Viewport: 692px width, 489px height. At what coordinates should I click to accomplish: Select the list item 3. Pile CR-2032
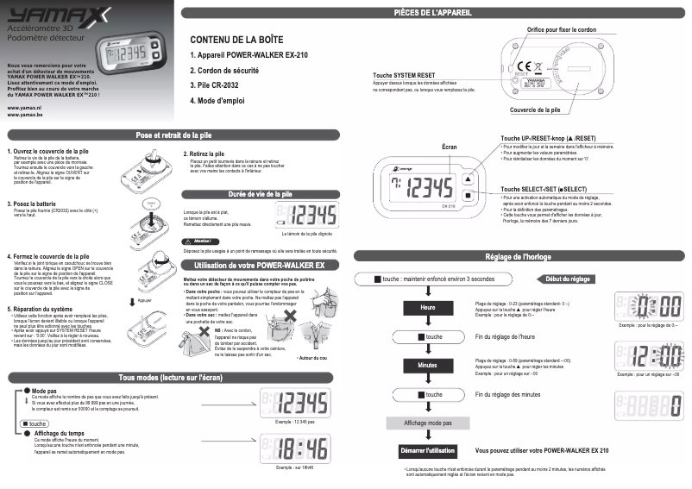coord(219,85)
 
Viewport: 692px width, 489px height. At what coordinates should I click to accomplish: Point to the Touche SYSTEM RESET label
coord(404,75)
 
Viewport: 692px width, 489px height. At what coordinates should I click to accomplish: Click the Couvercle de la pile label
coord(535,110)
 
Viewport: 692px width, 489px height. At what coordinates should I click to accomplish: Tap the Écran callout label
coord(449,148)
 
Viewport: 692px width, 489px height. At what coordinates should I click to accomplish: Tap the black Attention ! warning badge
coord(200,241)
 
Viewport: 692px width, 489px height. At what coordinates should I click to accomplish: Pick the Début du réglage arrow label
coord(568,279)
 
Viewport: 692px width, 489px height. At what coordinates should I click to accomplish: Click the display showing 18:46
coord(293,448)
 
